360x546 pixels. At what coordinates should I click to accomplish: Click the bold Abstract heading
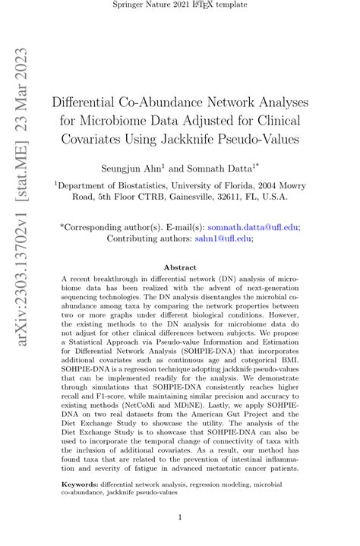point(180,267)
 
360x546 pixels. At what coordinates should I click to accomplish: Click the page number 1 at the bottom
point(180,519)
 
